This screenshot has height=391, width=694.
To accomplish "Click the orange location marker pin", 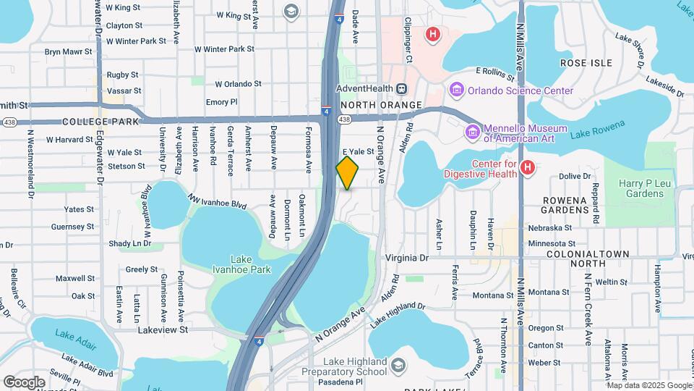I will click(x=348, y=172).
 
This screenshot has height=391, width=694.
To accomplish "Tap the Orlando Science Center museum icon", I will click(x=456, y=91).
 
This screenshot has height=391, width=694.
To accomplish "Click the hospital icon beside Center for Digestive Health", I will click(x=528, y=167).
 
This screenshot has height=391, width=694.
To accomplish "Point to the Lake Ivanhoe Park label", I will click(x=240, y=264).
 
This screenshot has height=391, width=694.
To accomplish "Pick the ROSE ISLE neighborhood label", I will click(x=586, y=63).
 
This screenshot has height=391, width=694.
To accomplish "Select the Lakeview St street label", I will click(x=163, y=329).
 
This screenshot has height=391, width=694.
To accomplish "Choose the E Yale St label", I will click(x=357, y=152).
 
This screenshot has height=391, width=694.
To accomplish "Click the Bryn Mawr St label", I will click(x=69, y=52).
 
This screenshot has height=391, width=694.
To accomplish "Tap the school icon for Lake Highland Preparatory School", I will click(x=397, y=366).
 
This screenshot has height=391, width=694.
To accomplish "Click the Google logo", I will click(x=24, y=382).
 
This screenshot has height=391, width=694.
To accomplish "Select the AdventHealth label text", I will click(x=364, y=88).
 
